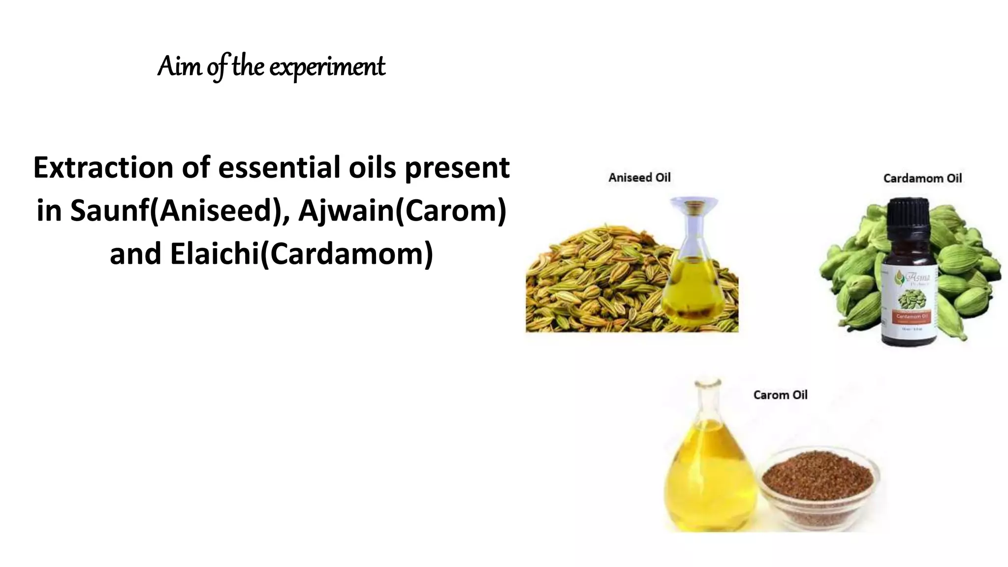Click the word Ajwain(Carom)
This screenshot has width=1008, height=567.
pos(402,211)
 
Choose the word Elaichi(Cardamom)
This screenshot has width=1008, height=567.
pos(301,254)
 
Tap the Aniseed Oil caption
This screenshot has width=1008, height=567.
pos(639,178)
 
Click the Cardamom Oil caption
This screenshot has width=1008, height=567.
pos(922,178)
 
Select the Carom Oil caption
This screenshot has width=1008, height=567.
pos(780,395)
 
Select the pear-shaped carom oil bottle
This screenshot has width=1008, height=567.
pos(710,472)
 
